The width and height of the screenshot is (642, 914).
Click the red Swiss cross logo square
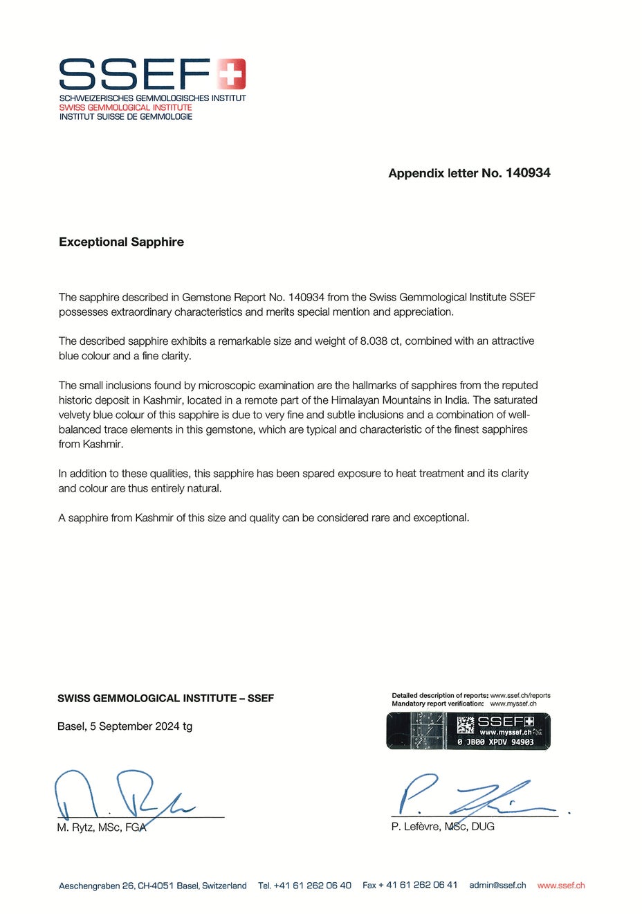[231, 74]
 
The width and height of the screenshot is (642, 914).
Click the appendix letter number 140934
[528, 173]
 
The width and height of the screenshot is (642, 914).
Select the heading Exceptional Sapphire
[121, 242]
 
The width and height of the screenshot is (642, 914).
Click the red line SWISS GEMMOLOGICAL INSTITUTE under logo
[125, 107]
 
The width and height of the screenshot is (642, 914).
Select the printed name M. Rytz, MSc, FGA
[101, 827]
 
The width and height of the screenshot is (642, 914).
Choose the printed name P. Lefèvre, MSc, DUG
[443, 827]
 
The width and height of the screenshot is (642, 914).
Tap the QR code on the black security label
[466, 725]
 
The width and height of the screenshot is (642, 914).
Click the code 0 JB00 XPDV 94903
[495, 742]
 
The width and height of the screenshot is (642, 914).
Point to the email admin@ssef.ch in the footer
[497, 885]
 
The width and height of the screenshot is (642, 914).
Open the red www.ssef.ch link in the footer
[561, 885]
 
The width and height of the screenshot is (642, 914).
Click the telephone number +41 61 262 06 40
[312, 885]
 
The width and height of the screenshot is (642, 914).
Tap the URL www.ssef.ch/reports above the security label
[520, 695]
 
